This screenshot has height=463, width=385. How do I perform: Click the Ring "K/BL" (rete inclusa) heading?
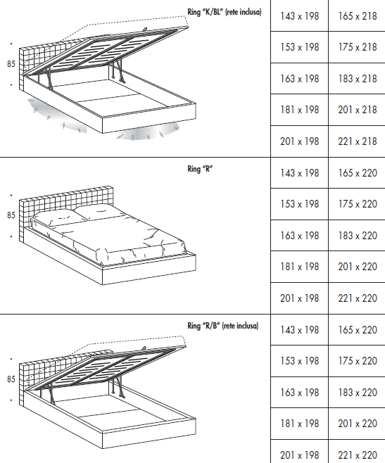click(225, 12)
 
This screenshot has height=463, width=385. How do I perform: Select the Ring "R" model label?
click(200, 169)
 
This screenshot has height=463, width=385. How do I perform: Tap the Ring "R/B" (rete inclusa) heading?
click(223, 326)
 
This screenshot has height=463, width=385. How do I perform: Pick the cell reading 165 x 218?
click(358, 16)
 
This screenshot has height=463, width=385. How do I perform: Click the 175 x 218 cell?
click(358, 47)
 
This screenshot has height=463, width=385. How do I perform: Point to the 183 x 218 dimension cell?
click(358, 79)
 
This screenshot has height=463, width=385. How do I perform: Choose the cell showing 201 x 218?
click(358, 110)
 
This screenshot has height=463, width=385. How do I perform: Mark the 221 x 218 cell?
click(358, 141)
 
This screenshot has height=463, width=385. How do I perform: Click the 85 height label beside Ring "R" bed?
click(11, 215)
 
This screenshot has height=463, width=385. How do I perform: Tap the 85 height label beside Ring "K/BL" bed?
click(11, 64)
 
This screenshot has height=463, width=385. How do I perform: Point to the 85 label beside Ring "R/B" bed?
click(11, 379)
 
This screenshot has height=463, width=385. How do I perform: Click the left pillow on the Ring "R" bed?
click(59, 218)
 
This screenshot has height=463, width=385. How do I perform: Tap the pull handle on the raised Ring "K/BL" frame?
click(145, 30)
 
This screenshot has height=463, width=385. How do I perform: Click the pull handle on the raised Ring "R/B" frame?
click(144, 348)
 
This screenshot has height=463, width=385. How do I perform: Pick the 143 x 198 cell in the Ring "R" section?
click(300, 172)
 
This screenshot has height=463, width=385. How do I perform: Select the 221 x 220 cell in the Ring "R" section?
click(358, 298)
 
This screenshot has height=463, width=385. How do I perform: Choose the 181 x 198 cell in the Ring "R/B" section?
click(300, 424)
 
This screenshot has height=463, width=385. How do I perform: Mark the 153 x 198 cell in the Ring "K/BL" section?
click(300, 47)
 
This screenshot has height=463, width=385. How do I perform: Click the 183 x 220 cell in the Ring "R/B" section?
click(358, 393)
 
